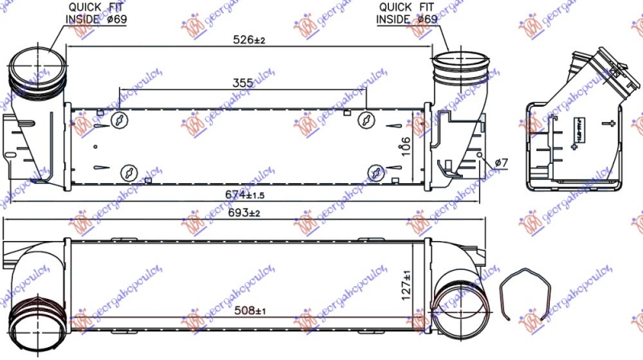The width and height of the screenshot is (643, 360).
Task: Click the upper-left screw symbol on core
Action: [120, 120]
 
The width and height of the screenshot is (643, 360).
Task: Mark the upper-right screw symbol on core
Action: [365, 120]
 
